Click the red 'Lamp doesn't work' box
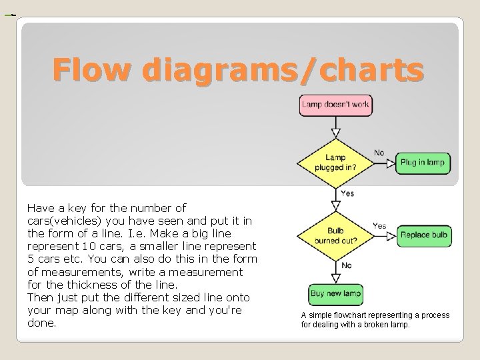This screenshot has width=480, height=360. tap(336, 104)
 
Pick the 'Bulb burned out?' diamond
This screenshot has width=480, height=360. tap(336, 235)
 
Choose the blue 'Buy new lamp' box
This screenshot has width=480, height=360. tap(336, 294)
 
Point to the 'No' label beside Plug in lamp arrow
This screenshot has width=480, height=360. tap(379, 153)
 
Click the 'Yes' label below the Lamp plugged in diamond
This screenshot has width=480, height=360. tap(347, 193)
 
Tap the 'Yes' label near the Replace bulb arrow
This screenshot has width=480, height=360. tap(379, 225)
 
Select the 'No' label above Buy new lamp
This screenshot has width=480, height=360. tap(347, 265)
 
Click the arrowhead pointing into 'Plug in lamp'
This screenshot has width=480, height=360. tap(392, 163)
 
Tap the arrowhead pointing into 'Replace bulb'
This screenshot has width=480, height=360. tap(392, 235)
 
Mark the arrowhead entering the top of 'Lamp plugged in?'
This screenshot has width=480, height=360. tap(336, 131)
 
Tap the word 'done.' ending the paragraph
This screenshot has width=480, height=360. tap(41, 323)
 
